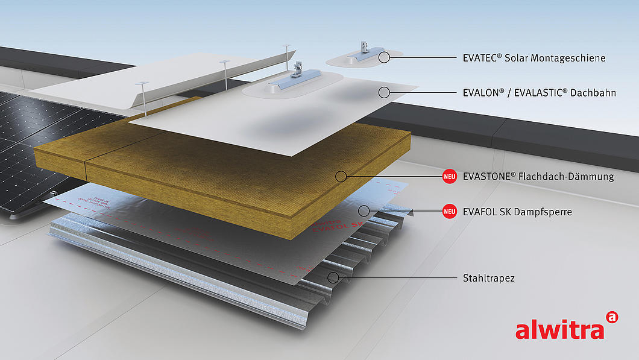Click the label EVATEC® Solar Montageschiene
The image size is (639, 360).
pyautogui.click(x=534, y=58)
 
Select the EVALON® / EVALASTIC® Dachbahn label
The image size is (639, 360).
pyautogui.click(x=539, y=93)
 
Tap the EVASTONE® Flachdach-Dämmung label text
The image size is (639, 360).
pyautogui.click(x=538, y=177)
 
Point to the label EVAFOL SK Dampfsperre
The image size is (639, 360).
pyautogui.click(x=517, y=212)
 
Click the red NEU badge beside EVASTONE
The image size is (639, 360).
pyautogui.click(x=449, y=177)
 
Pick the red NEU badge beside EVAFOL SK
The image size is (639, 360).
pyautogui.click(x=449, y=212)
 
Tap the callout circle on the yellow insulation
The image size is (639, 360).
pyautogui.click(x=341, y=176)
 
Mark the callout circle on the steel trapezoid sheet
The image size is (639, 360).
pyautogui.click(x=332, y=277)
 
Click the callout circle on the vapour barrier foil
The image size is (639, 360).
pyautogui.click(x=364, y=211)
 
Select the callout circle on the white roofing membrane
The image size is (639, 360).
pyautogui.click(x=383, y=92)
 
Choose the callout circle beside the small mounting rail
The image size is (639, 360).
pyautogui.click(x=383, y=57)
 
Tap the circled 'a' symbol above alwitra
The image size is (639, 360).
pyautogui.click(x=612, y=317)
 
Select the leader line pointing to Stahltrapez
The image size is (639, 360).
pyautogui.click(x=398, y=278)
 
